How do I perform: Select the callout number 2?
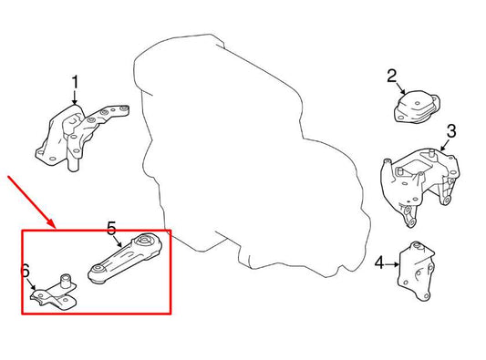point(392,76)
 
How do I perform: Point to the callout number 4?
point(378,264)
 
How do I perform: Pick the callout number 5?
point(112,228)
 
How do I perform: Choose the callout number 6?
point(26,270)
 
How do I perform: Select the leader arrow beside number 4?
point(392,264)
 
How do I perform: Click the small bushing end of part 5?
point(97,272)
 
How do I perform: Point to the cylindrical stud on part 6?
point(67,279)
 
